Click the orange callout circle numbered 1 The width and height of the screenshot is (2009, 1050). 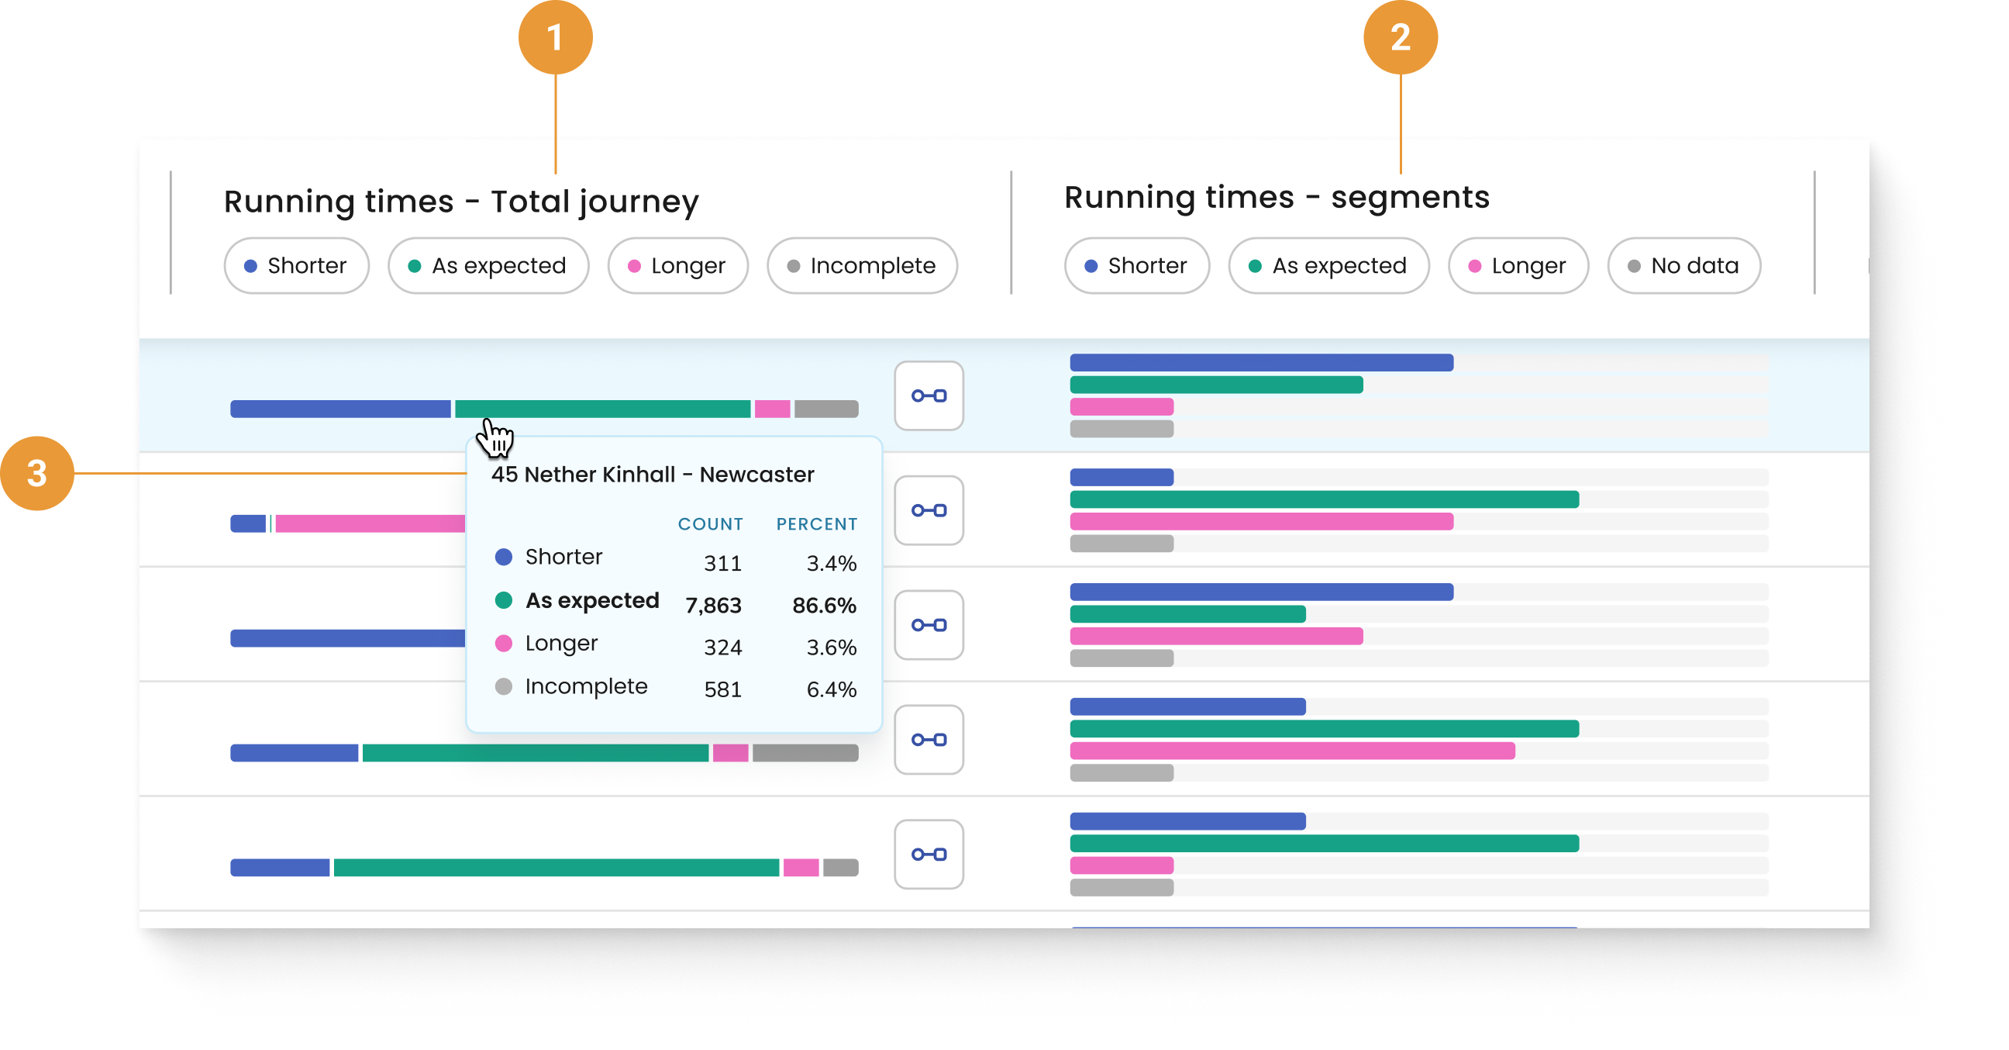click(x=555, y=37)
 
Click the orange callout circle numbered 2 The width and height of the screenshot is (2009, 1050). click(x=1400, y=37)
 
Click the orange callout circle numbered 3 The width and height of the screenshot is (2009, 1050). click(x=36, y=473)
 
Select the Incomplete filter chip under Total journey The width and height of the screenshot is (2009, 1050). click(x=862, y=266)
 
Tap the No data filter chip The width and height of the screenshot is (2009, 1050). click(x=1683, y=266)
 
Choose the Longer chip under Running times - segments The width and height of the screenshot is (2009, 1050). click(x=1518, y=266)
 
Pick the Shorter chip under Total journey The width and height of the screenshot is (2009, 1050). click(x=296, y=266)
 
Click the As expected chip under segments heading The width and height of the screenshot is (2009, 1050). click(x=1328, y=266)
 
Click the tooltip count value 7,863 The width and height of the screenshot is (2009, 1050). click(x=713, y=606)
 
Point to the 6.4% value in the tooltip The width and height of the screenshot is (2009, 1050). click(x=832, y=689)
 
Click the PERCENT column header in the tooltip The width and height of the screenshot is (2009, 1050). click(x=817, y=524)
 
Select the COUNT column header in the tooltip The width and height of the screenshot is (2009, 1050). click(x=710, y=524)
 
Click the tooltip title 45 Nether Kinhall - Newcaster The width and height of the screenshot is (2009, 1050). click(x=653, y=475)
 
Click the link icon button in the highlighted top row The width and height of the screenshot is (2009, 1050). click(x=929, y=395)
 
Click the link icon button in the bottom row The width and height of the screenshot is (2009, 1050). click(x=929, y=855)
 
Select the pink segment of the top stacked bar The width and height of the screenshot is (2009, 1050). click(x=772, y=409)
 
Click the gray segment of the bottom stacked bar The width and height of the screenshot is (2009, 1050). click(x=841, y=868)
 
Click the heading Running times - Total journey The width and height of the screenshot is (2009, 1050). click(x=461, y=202)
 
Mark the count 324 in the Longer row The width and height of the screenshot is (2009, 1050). click(x=722, y=648)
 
